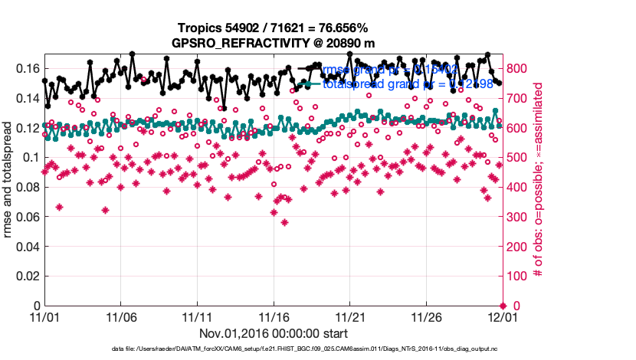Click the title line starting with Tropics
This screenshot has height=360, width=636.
pyautogui.click(x=273, y=28)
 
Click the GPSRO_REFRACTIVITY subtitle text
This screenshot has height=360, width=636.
pyautogui.click(x=273, y=43)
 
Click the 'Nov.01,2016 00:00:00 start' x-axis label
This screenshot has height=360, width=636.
pyautogui.click(x=274, y=333)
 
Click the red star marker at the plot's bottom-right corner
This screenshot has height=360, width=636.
pyautogui.click(x=503, y=306)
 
